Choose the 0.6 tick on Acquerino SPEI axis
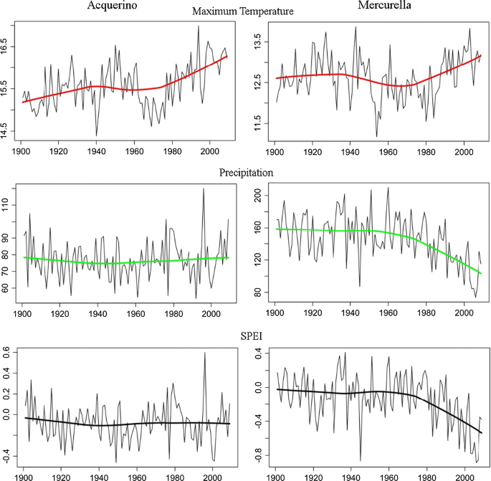(x=6, y=352)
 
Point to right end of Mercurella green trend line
(x=480, y=274)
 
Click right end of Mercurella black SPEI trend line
(x=480, y=433)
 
